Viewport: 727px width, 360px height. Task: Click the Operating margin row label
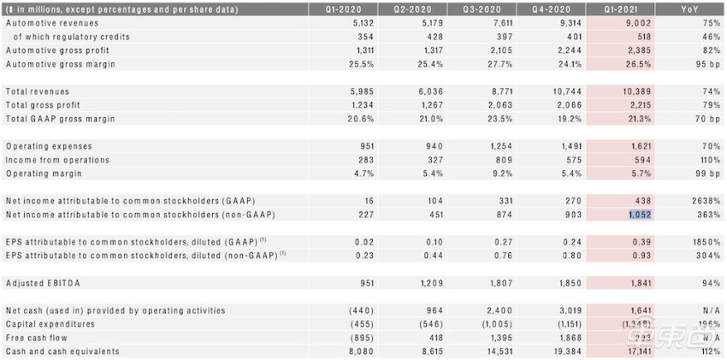point(45,174)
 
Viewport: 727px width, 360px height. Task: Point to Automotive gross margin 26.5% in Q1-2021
point(638,64)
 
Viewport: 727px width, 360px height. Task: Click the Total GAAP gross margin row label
point(60,119)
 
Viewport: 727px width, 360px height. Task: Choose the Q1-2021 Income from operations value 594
point(642,160)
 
